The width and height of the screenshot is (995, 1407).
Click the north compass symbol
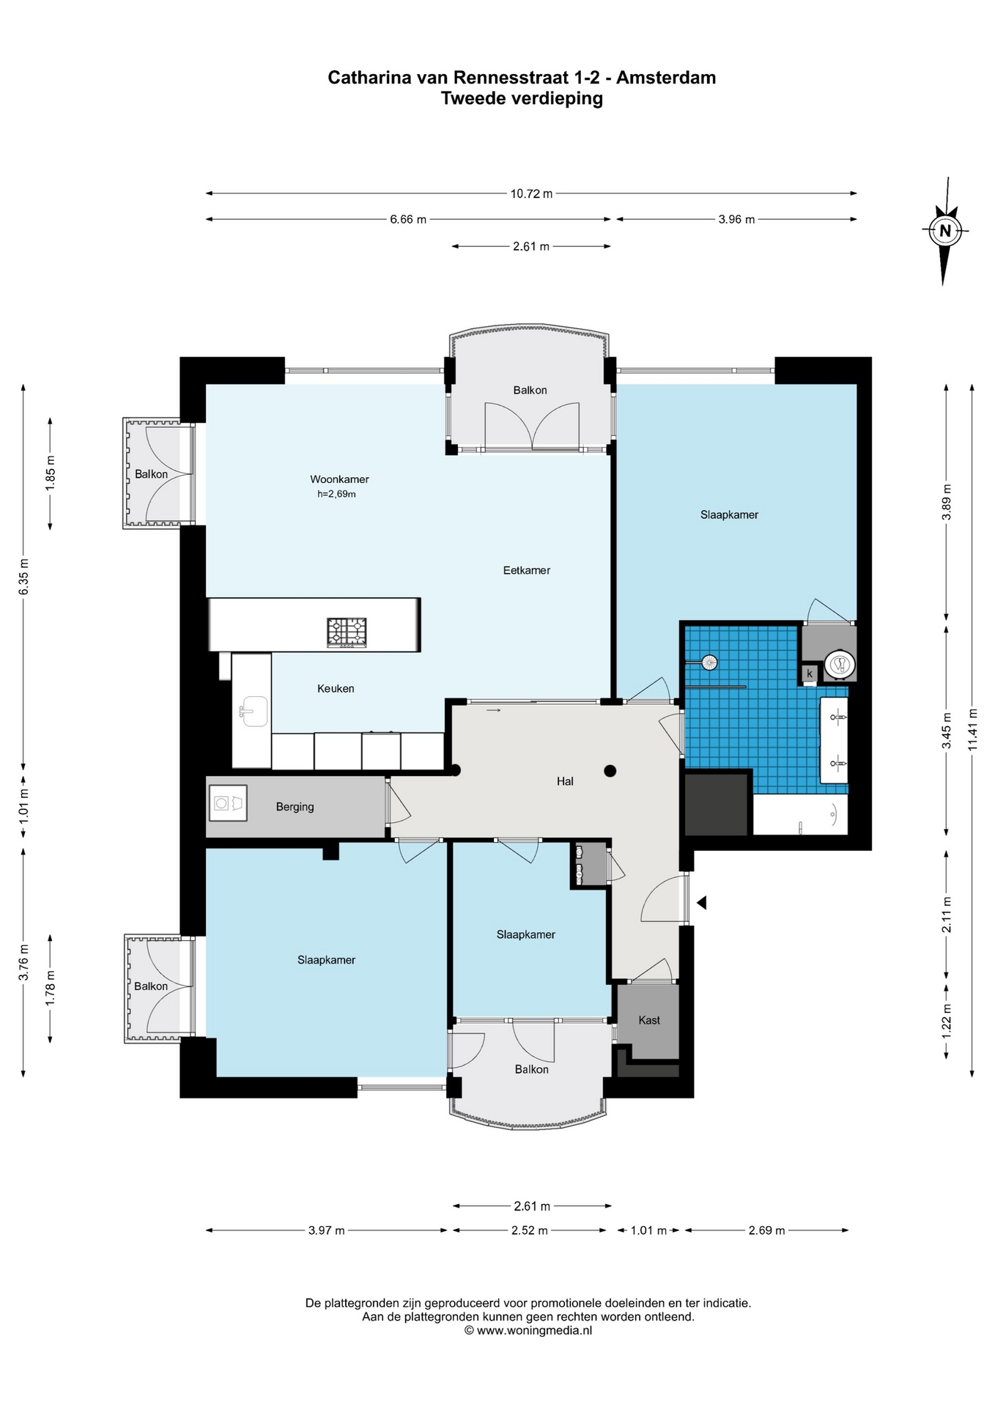[x=944, y=231]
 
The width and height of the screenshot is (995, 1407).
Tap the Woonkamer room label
[x=339, y=479]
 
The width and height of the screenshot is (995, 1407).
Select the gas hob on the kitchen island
[x=347, y=632]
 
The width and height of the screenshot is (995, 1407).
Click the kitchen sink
[x=253, y=711]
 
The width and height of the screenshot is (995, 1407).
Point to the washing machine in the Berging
[x=228, y=803]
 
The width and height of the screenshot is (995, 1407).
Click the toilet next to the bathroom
[x=840, y=664]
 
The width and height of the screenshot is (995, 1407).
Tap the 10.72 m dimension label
[x=531, y=193]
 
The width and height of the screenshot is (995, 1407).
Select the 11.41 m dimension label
[x=972, y=728]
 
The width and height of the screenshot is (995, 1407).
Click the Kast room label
[x=649, y=1020]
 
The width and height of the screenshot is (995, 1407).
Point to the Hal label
[x=565, y=781]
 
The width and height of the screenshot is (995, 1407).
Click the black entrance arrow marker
[x=701, y=903]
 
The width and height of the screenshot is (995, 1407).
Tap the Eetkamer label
[x=526, y=570]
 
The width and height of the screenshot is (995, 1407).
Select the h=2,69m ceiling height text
[x=336, y=494]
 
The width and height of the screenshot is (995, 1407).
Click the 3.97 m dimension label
[x=326, y=1230]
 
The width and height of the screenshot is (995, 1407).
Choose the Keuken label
[x=336, y=688]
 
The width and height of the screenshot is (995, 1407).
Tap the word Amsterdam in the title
[x=666, y=77]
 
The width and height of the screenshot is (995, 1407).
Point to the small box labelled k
[x=810, y=673]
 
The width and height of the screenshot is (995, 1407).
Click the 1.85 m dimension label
[x=50, y=473]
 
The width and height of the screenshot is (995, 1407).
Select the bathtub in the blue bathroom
[x=800, y=814]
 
